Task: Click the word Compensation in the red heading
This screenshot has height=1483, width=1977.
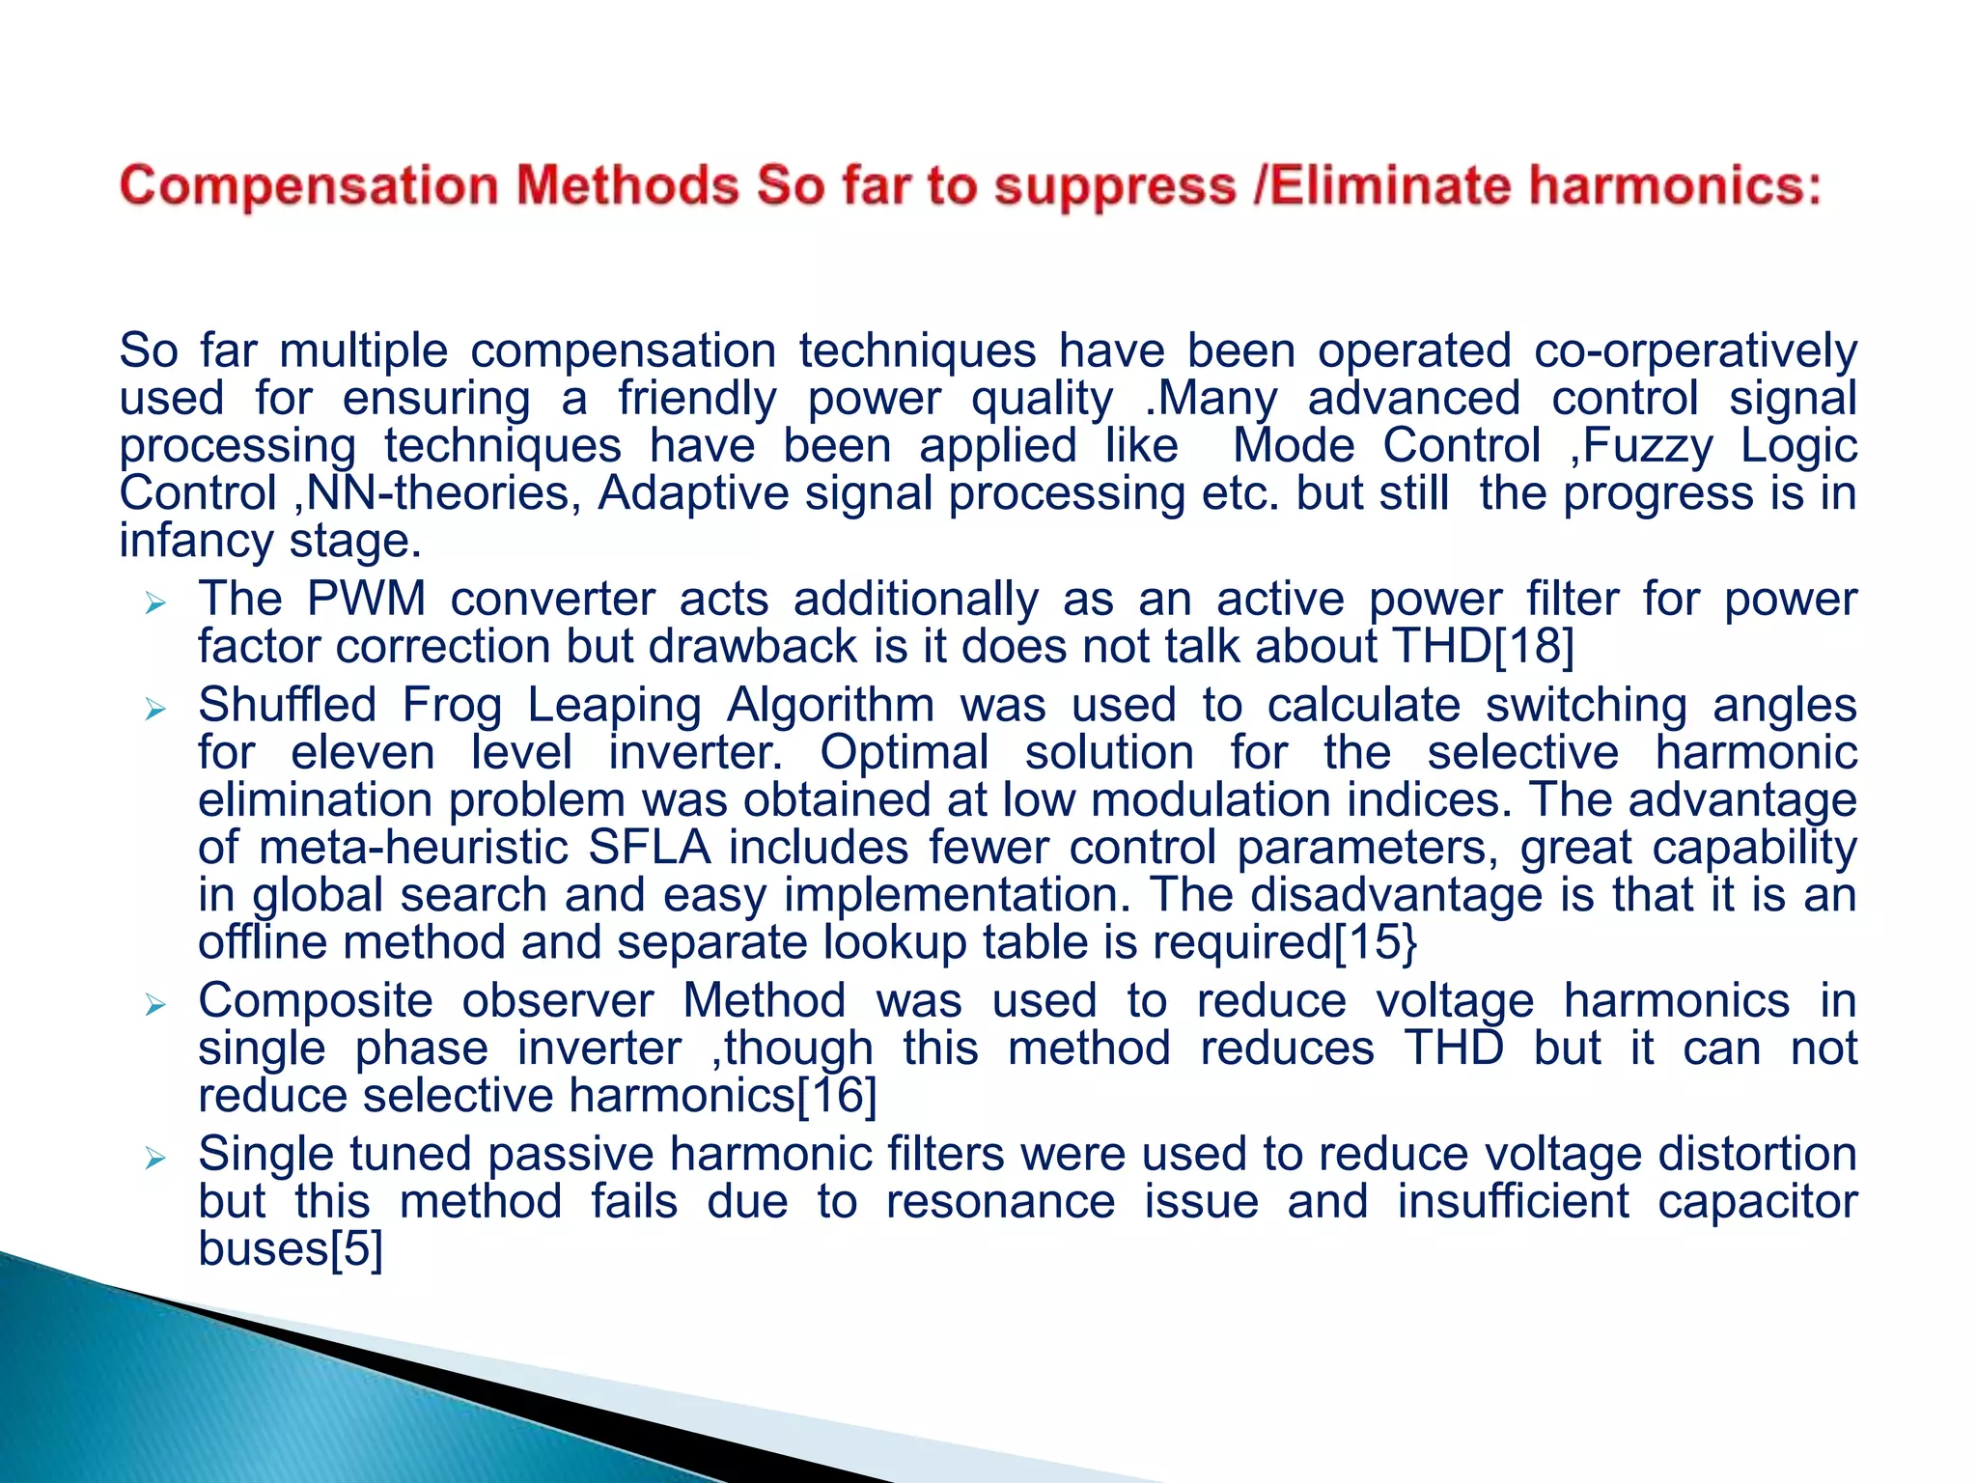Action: [x=308, y=185]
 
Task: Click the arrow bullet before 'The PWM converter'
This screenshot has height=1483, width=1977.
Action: [x=155, y=604]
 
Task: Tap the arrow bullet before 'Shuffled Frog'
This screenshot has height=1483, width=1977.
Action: [x=155, y=711]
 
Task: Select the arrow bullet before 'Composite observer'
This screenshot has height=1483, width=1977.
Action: [x=155, y=1006]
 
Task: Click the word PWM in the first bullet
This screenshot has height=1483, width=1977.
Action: [x=366, y=599]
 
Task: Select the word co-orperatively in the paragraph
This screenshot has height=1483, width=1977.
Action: [x=1695, y=351]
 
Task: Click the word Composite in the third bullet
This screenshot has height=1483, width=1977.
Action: [x=315, y=1001]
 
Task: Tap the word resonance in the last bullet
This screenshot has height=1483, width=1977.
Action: [x=1000, y=1202]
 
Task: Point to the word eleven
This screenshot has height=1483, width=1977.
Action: [x=363, y=753]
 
